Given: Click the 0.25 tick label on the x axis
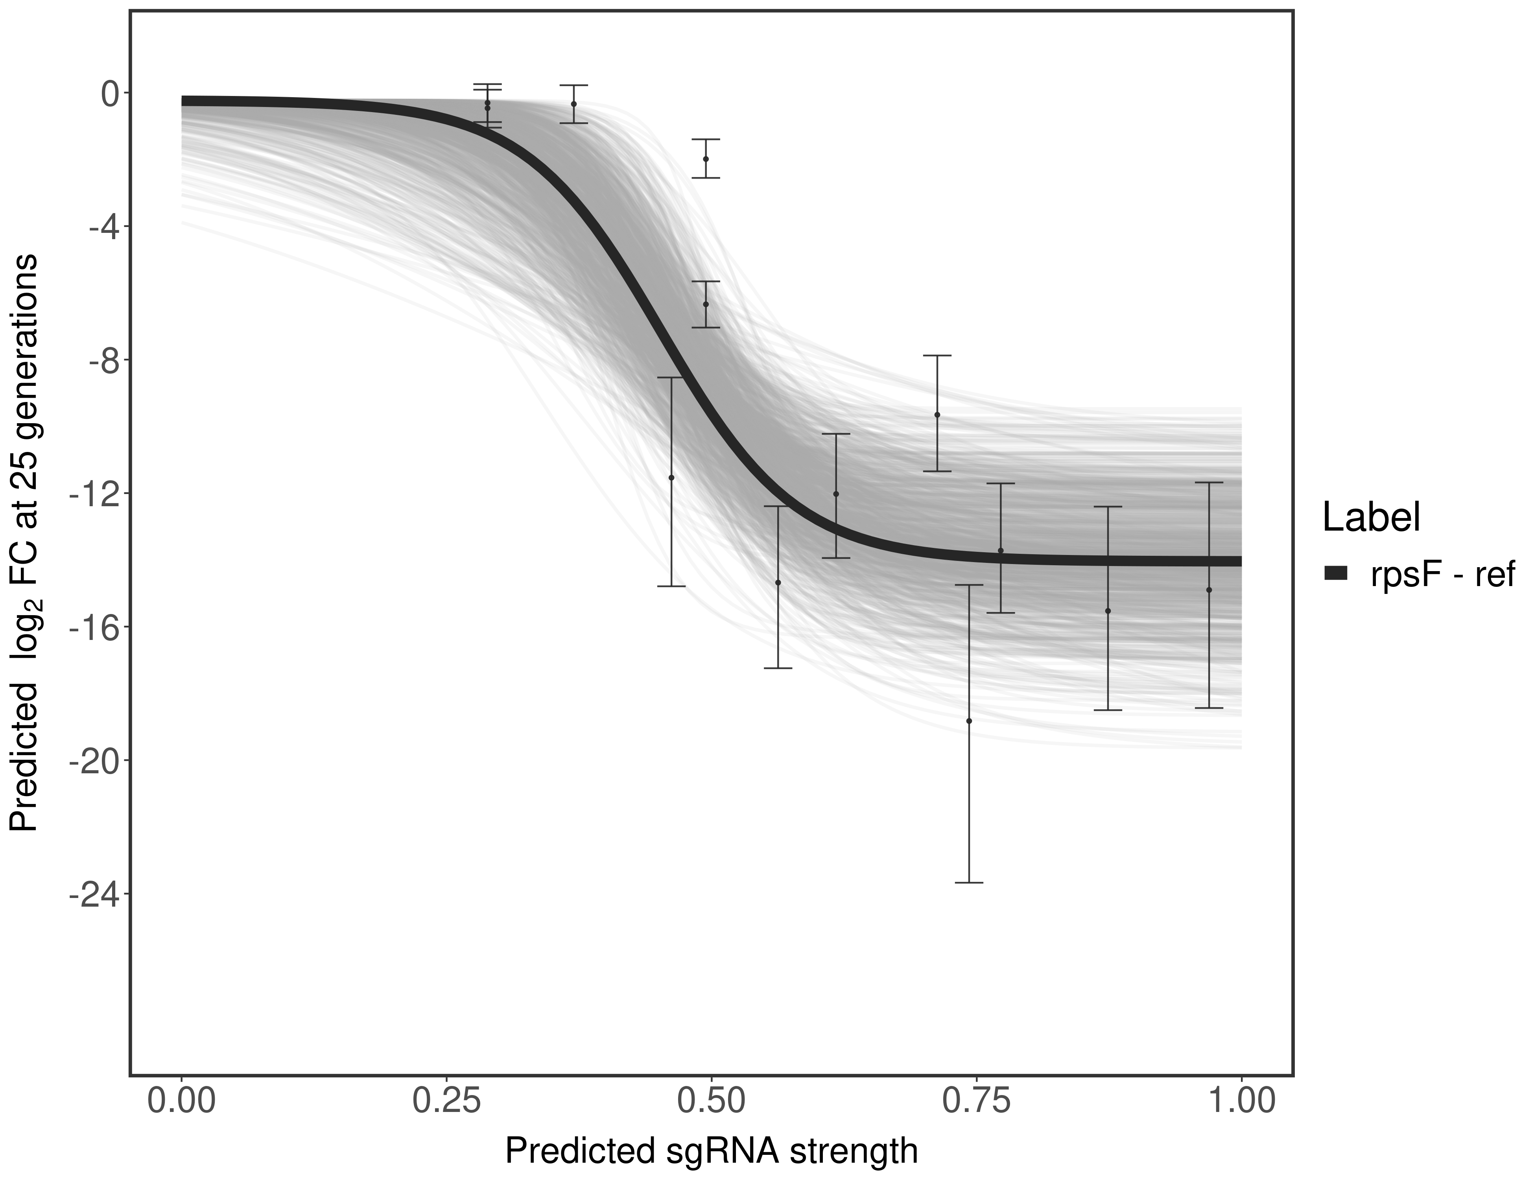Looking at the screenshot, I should pos(447,1101).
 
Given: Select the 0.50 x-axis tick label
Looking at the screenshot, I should pos(712,1101).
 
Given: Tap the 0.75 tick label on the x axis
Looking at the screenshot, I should pos(976,1101).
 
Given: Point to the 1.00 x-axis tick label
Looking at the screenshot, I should pos(1241,1101).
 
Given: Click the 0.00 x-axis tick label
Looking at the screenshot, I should pos(182,1101).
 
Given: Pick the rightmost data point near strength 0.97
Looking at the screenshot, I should pos(1209,589).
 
